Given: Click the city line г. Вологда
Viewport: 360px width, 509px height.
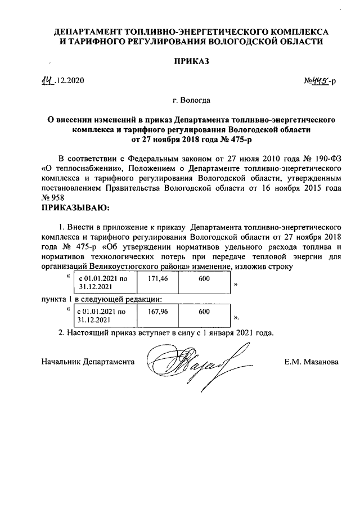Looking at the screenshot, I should pos(192,101).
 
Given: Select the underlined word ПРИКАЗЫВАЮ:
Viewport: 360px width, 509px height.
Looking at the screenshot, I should pos(75,209).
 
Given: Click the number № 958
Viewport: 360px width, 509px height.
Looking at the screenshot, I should pos(53,199).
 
